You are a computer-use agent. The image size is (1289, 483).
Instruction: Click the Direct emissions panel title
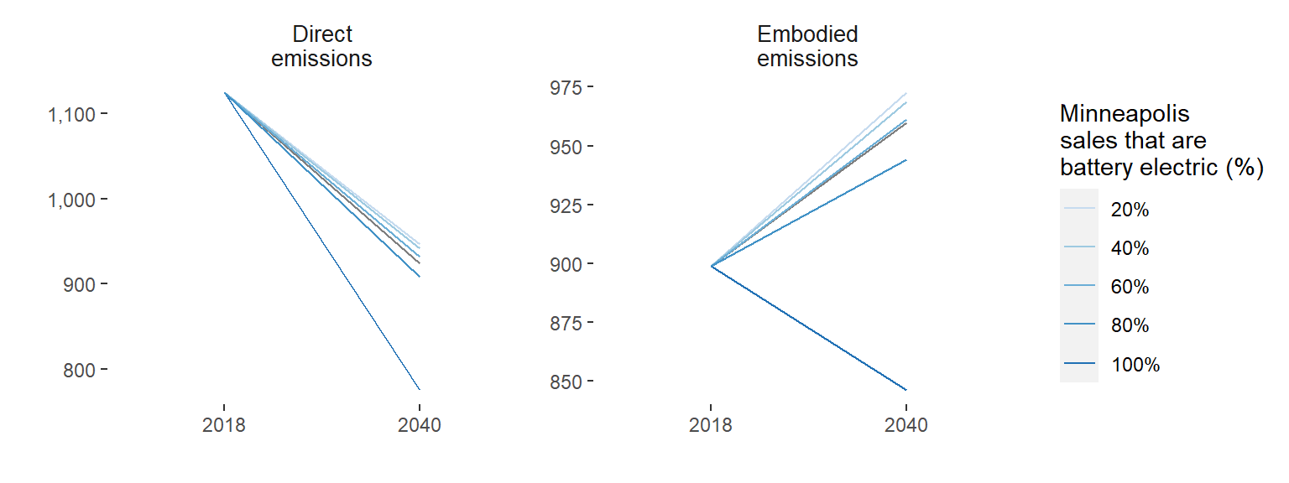coord(321,47)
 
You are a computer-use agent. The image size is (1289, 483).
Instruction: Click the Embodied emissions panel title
coord(807,47)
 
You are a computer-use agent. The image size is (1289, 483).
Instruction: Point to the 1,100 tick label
coord(71,114)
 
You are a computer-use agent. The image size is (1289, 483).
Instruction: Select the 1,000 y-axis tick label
coord(71,200)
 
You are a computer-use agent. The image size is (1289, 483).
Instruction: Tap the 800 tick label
coord(81,370)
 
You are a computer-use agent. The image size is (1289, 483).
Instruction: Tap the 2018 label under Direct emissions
coord(224,425)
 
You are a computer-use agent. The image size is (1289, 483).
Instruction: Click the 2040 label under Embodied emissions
coord(906,425)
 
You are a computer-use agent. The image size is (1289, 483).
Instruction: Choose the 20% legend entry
coord(1130,210)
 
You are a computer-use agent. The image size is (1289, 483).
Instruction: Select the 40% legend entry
coord(1130,249)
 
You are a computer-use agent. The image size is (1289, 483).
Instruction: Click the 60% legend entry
coord(1130,288)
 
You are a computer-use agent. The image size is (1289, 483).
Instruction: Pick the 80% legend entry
coord(1130,326)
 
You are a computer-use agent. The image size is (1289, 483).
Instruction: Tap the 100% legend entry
coord(1135,365)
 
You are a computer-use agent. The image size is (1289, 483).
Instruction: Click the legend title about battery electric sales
coord(1161,141)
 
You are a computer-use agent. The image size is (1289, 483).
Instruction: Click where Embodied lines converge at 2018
coord(712,266)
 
